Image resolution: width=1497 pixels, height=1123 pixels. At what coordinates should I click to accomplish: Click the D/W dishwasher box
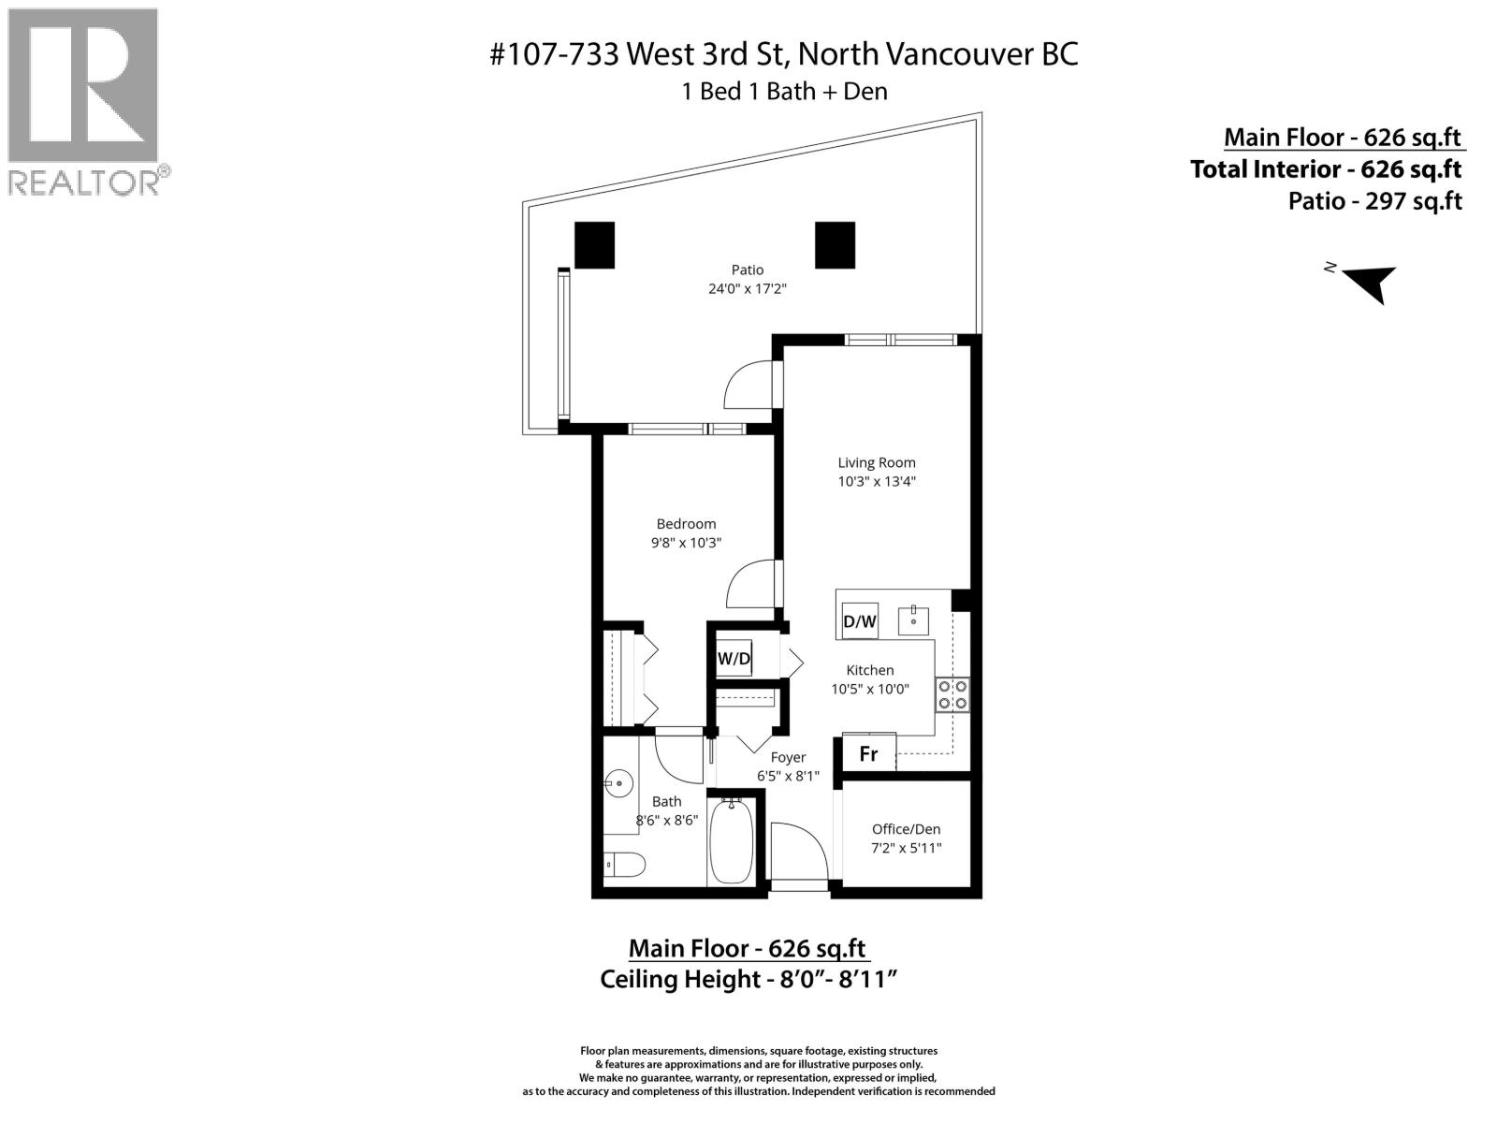point(860,620)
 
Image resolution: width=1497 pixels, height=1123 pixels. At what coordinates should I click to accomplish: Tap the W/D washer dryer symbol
point(734,659)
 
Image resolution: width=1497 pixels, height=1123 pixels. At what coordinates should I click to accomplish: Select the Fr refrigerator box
point(869,752)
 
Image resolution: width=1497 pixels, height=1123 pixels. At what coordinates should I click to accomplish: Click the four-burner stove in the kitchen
point(953,694)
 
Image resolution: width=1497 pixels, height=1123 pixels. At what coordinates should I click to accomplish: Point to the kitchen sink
point(913,620)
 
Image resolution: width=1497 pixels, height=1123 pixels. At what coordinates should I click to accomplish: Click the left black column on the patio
point(594,245)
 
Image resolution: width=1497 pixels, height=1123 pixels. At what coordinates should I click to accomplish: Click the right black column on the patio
point(835,245)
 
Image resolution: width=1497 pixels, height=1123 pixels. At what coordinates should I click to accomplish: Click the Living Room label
point(876,462)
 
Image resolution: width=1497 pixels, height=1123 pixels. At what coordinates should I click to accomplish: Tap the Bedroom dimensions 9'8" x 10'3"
point(686,543)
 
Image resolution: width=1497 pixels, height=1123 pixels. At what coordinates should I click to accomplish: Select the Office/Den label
point(906,829)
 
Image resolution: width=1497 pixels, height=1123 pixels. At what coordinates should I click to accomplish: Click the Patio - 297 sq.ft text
point(1373,201)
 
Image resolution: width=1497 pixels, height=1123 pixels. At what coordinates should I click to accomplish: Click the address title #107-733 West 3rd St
point(784,54)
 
